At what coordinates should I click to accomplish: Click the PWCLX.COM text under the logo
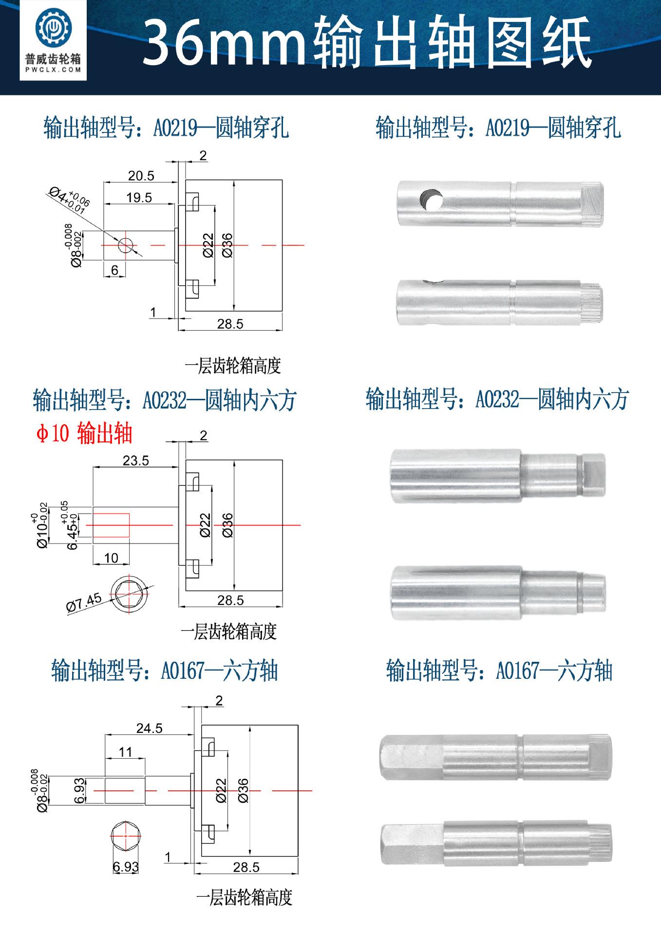53,70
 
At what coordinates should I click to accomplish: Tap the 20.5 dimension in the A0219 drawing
141,175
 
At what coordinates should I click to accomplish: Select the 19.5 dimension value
139,197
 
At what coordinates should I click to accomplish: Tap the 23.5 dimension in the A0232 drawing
136,460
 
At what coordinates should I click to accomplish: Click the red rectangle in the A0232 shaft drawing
111,525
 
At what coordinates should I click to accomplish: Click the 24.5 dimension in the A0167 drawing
149,728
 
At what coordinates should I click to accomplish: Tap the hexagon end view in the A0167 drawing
126,836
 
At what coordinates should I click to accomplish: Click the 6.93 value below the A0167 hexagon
126,867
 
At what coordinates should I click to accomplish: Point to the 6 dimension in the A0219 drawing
115,270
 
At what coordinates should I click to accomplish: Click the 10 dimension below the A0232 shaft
111,558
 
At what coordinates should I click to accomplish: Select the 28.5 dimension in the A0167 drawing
246,867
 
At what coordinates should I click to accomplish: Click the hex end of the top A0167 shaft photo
409,757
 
